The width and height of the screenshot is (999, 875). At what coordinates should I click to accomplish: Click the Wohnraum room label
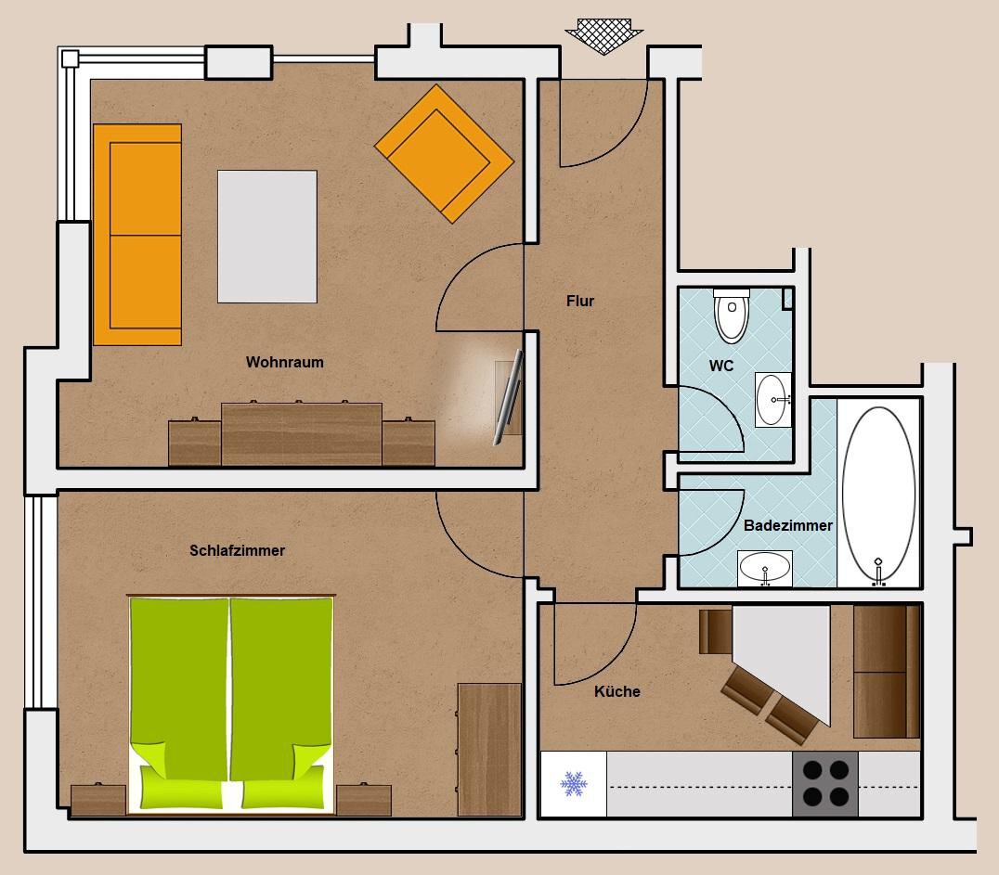click(285, 363)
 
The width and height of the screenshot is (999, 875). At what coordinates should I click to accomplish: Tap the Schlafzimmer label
click(237, 550)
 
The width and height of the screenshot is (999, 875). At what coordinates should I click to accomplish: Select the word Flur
click(579, 301)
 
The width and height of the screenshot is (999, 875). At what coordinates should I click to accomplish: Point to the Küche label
click(616, 691)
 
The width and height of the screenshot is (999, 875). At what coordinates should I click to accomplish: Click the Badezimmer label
click(788, 525)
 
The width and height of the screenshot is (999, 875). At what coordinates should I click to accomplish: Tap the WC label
click(721, 366)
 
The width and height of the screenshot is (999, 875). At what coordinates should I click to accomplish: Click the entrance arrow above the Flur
click(603, 36)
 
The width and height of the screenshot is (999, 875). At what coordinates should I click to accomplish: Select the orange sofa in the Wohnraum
click(137, 235)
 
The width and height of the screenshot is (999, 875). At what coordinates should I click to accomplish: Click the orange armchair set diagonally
click(444, 153)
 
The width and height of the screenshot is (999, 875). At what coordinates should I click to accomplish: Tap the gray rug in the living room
click(267, 237)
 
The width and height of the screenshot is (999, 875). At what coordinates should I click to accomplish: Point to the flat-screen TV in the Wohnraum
click(509, 397)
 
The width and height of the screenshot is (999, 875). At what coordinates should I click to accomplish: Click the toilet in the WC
click(732, 315)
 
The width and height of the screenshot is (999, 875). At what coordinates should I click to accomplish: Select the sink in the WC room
click(772, 399)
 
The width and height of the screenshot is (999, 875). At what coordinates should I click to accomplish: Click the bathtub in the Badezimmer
click(878, 494)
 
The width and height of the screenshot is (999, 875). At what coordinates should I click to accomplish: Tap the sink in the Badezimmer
click(764, 568)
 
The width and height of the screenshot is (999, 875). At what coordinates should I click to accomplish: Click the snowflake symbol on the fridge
click(574, 784)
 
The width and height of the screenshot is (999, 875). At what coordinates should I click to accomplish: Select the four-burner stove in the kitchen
click(825, 784)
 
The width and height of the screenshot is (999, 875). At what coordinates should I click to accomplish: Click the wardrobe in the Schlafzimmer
click(489, 750)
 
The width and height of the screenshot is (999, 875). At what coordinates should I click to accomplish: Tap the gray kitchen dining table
click(782, 663)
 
